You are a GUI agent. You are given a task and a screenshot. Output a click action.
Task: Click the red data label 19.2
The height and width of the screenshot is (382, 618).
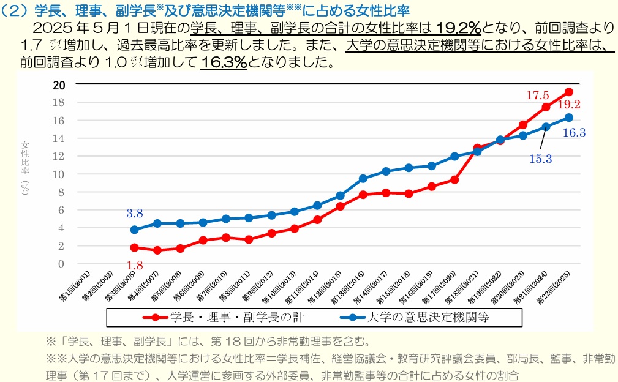coord(568,105)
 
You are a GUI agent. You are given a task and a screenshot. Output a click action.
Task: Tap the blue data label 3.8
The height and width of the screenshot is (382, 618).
coord(135,214)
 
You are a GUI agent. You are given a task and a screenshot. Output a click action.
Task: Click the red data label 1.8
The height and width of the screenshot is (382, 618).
coord(135,264)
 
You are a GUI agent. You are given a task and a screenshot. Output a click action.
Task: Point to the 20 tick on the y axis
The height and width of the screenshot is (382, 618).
coord(59,85)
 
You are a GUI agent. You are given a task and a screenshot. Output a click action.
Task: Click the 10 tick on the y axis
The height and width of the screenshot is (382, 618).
coord(59,174)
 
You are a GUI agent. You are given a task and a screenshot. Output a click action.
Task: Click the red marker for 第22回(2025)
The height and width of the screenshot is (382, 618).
coord(569,92)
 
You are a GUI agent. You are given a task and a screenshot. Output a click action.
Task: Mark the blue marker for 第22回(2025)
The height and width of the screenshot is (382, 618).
coord(569,118)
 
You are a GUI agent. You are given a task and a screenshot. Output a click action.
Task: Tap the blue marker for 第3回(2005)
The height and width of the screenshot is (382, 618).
coord(135,230)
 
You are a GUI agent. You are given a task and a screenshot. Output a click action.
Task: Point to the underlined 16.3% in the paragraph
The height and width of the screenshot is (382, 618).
coord(224,62)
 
